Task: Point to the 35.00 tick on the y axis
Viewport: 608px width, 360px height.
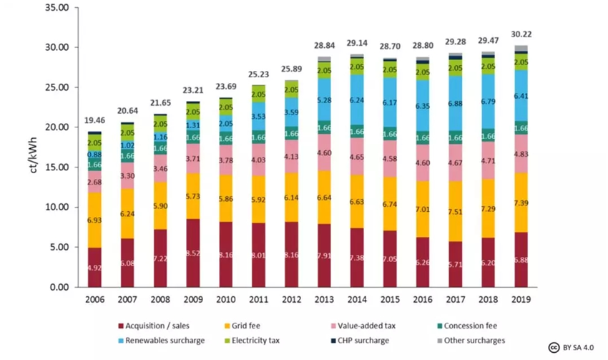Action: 56,8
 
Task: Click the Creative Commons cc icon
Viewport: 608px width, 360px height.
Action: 553,347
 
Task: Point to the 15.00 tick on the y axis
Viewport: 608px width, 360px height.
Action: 56,167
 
